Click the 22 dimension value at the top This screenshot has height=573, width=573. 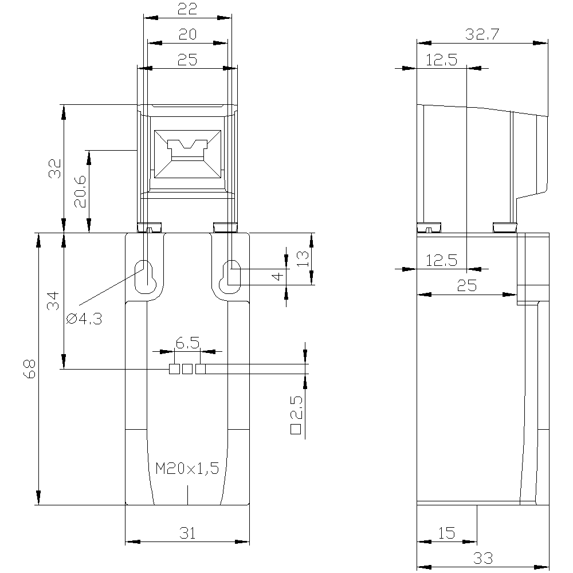pyautogui.click(x=187, y=9)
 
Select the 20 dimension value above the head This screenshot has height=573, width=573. pyautogui.click(x=187, y=34)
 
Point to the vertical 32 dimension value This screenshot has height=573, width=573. pyautogui.click(x=55, y=169)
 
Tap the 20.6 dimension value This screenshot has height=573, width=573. pyautogui.click(x=80, y=191)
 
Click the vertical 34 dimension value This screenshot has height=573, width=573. pyautogui.click(x=53, y=301)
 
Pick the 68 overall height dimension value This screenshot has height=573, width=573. pyautogui.click(x=29, y=369)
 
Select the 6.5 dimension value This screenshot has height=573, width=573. pyautogui.click(x=187, y=343)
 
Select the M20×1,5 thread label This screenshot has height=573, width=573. pyautogui.click(x=187, y=469)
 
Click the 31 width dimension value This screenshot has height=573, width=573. pyautogui.click(x=187, y=533)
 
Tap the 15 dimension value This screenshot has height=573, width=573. pyautogui.click(x=447, y=533)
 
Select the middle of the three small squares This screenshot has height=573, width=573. pyautogui.click(x=187, y=369)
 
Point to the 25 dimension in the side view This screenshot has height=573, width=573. pyautogui.click(x=467, y=285)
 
